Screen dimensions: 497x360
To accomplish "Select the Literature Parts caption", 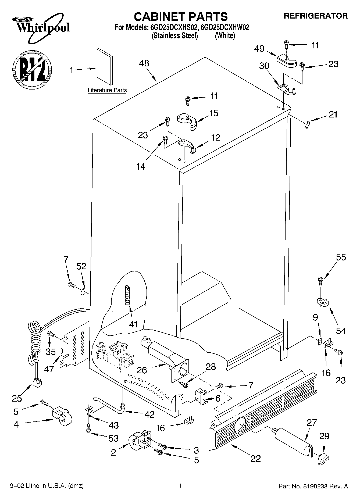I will pos(107,90).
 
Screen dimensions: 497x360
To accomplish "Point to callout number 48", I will pos(144,64).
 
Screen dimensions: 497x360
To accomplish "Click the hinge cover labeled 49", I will pos(287,60).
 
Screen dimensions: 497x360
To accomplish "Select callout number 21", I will pos(333,115).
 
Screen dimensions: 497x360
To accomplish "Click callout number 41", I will pos(133,324).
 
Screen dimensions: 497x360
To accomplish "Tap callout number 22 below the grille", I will pos(255,459).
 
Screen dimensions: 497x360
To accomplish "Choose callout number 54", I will pos(341,330).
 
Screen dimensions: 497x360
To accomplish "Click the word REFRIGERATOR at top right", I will pos(316,16).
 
